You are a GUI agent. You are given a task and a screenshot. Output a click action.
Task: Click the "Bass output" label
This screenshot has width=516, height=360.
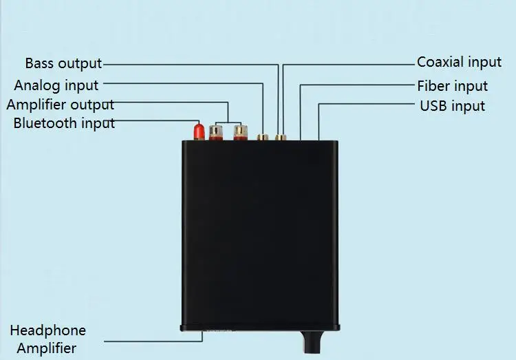click(63, 63)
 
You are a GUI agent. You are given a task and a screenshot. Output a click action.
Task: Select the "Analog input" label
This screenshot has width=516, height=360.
click(56, 85)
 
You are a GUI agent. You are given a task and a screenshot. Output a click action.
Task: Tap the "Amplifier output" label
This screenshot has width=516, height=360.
click(61, 105)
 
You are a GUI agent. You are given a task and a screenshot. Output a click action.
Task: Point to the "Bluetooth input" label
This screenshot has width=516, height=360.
click(64, 124)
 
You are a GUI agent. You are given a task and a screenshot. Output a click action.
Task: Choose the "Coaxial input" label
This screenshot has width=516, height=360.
click(459, 62)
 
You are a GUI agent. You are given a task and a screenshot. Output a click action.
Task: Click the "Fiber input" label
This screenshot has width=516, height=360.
click(452, 86)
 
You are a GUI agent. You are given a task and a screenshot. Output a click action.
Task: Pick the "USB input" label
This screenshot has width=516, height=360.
click(452, 106)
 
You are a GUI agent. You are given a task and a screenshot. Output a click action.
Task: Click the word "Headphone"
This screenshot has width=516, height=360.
click(47, 330)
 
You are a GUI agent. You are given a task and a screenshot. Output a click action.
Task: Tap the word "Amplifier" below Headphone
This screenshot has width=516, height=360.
click(46, 348)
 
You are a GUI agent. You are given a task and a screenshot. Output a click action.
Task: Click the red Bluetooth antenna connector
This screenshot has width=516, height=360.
click(198, 129)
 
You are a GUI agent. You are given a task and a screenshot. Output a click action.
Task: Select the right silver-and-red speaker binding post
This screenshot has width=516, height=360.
click(240, 132)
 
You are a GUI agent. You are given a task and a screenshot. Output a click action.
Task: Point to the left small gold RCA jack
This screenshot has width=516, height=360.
click(262, 137)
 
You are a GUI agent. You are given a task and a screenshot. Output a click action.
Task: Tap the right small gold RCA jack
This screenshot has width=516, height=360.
click(280, 137)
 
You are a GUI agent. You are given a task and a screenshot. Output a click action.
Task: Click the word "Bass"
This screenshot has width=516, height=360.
click(40, 63)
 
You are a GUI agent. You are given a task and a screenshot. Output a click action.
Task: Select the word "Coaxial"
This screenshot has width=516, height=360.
click(441, 62)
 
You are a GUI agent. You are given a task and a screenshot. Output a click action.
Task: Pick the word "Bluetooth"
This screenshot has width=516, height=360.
click(45, 124)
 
